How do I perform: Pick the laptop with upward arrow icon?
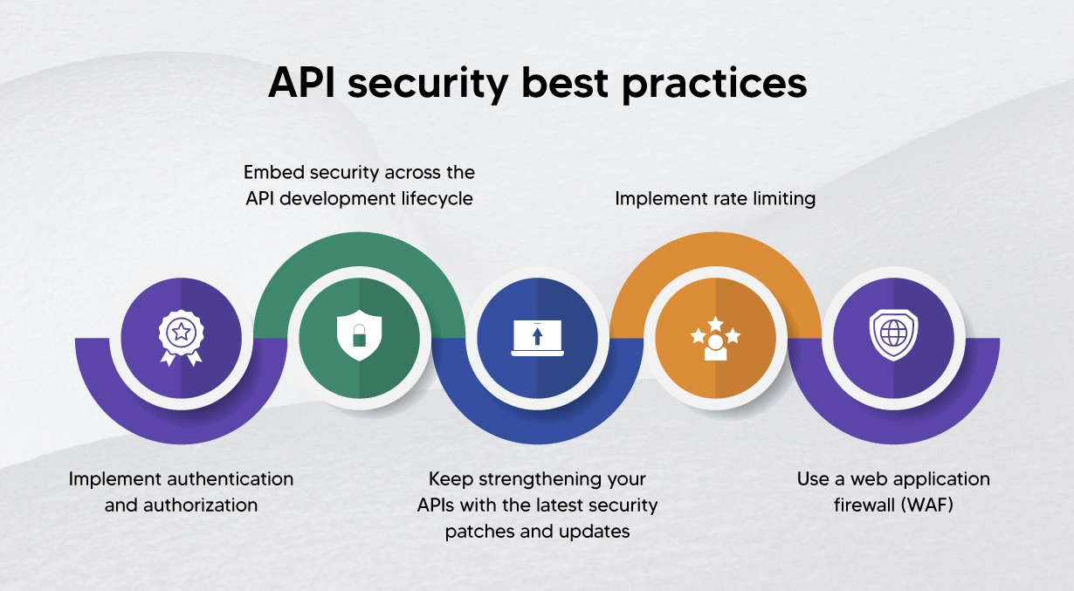tap(537, 338)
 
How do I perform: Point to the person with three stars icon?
tap(715, 338)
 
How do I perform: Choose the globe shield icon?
tap(893, 336)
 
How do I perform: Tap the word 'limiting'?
tap(780, 199)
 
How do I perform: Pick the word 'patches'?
tap(479, 532)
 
